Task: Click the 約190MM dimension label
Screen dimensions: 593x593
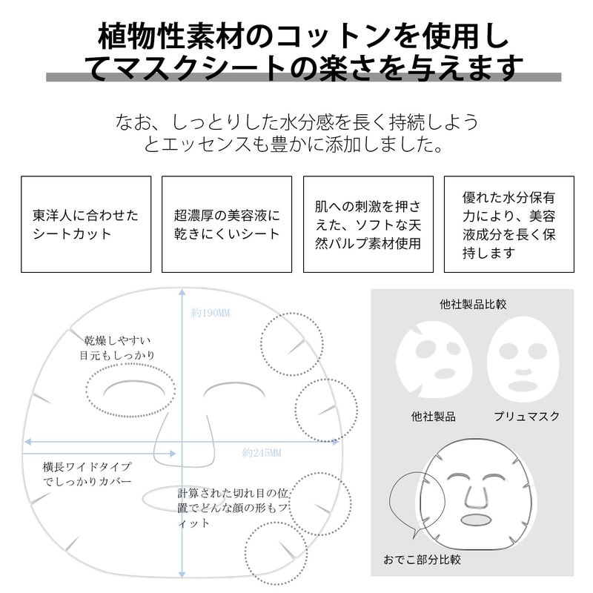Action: (x=211, y=313)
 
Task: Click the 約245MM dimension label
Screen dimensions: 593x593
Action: (x=262, y=453)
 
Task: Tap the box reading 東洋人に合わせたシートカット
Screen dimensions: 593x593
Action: (x=86, y=224)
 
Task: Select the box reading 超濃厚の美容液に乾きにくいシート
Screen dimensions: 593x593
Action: (x=227, y=224)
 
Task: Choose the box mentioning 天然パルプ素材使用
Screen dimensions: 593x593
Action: (x=368, y=224)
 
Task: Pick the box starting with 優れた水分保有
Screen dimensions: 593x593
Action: (x=509, y=224)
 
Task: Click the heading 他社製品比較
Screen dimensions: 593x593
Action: (x=473, y=304)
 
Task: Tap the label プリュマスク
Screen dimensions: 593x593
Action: (x=526, y=416)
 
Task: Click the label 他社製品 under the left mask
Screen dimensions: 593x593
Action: (x=434, y=417)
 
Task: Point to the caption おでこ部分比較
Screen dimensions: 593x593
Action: (x=422, y=560)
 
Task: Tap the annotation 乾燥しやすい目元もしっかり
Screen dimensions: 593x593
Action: (x=117, y=348)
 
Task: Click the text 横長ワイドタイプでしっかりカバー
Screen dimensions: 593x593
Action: (x=87, y=474)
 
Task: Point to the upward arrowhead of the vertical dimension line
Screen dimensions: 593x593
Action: (x=182, y=292)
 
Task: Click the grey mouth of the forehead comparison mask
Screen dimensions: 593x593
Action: (x=476, y=520)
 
